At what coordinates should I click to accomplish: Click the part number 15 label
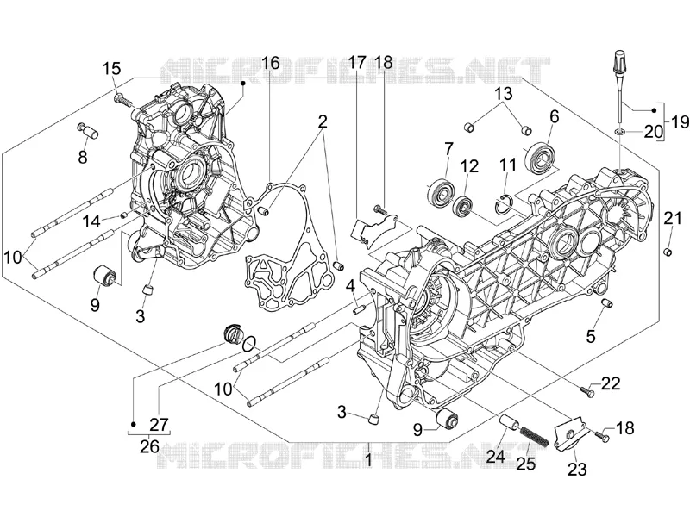click(112, 69)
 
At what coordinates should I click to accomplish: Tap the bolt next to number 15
click(123, 100)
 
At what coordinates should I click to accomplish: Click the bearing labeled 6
click(540, 157)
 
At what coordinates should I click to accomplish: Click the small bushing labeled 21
click(668, 252)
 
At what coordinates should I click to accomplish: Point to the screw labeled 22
click(588, 389)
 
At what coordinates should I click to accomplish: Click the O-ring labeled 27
click(249, 343)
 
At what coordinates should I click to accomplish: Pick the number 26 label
click(149, 446)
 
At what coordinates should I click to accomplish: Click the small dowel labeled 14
click(124, 215)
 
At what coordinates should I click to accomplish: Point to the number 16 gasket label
click(271, 63)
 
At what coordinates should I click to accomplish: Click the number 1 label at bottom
click(369, 460)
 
